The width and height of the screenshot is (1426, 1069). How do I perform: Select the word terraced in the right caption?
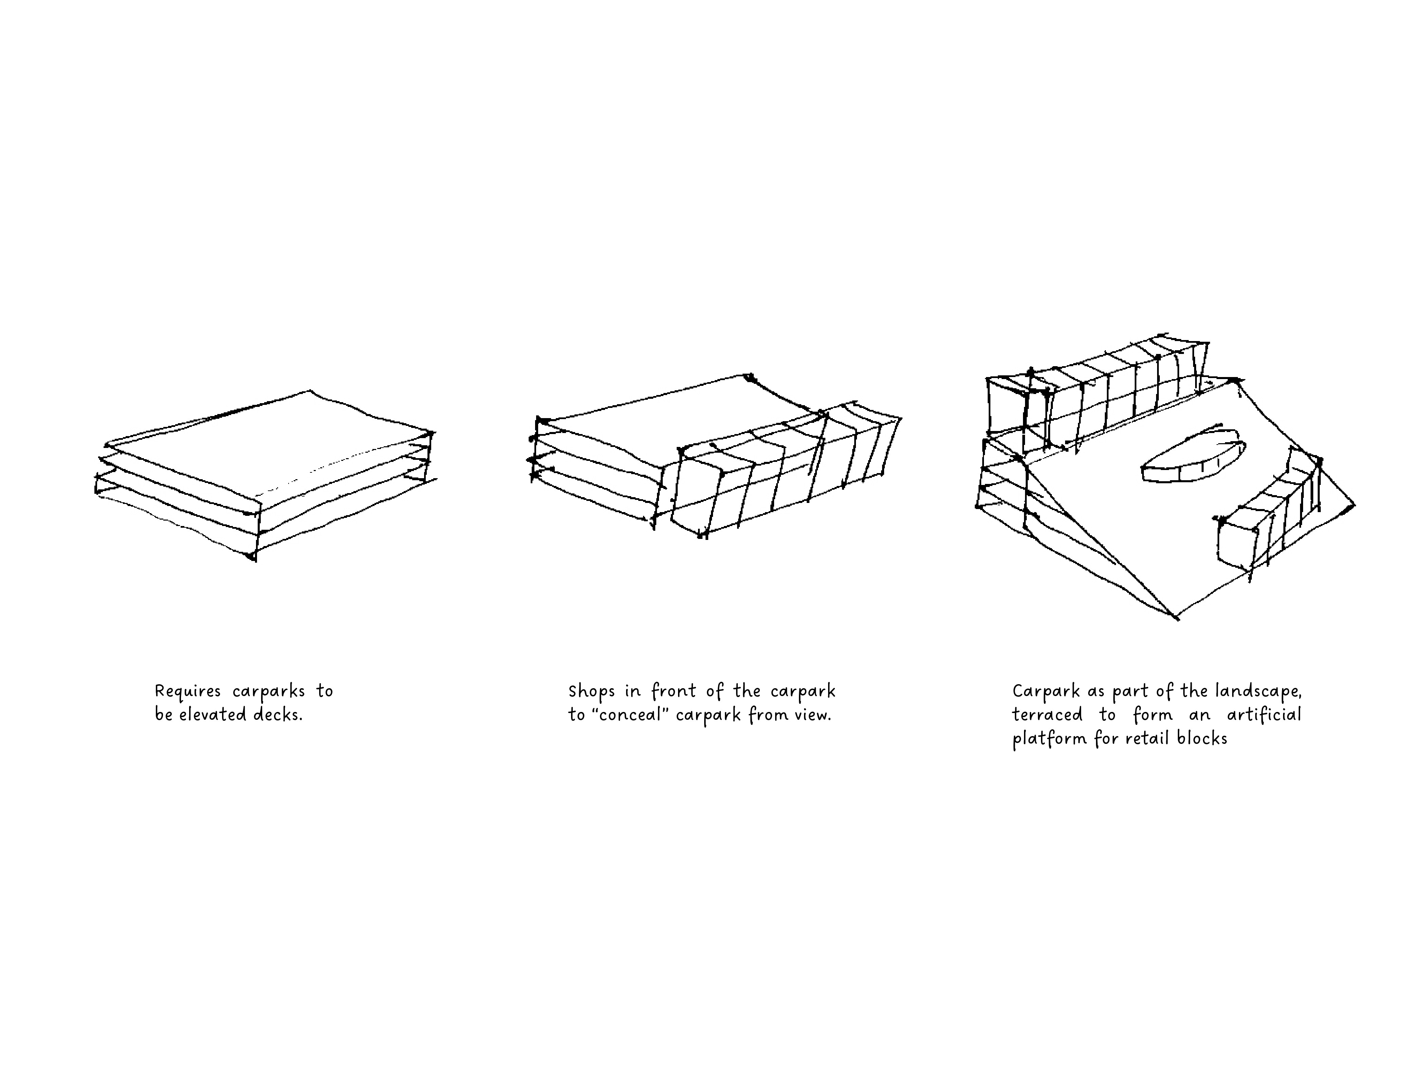click(x=1047, y=715)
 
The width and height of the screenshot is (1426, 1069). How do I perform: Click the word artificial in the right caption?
click(x=1264, y=715)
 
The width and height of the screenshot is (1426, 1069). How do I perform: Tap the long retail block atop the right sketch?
click(x=1096, y=399)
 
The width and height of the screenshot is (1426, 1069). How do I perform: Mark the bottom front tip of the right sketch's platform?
click(x=1176, y=617)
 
